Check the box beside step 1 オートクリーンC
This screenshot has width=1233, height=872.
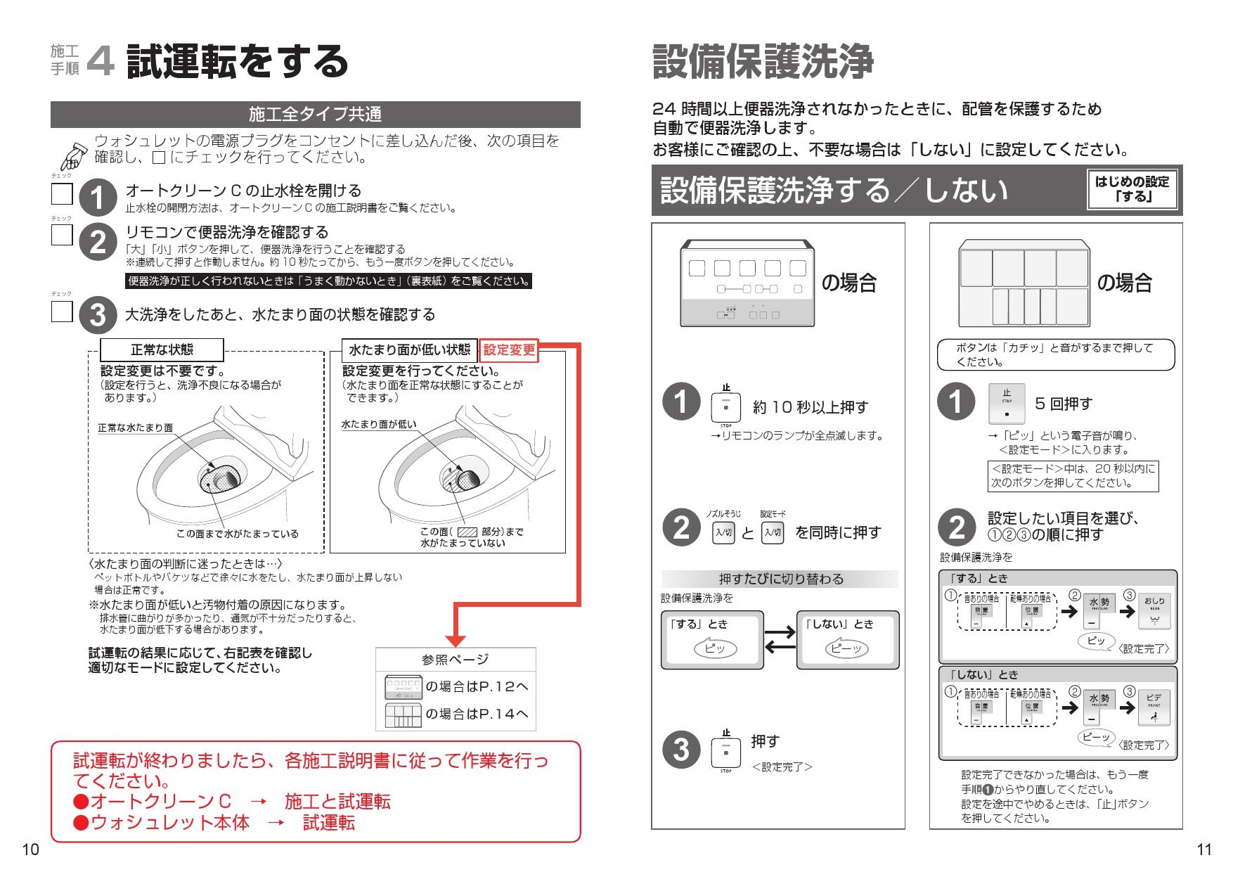(x=62, y=194)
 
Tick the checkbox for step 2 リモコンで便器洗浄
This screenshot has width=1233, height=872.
(x=62, y=235)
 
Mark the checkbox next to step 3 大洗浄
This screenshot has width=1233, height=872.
(x=62, y=312)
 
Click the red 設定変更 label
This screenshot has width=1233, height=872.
(x=509, y=350)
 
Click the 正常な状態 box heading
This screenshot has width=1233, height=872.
(x=162, y=350)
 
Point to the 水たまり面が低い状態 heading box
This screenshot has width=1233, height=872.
(x=409, y=350)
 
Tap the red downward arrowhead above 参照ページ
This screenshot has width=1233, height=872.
(x=456, y=639)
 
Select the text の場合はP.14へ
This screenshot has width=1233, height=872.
(x=477, y=714)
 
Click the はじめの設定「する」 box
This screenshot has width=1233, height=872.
(x=1132, y=189)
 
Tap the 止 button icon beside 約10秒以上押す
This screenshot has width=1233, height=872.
(x=726, y=407)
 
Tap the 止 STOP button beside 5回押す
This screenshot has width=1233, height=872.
(x=1007, y=404)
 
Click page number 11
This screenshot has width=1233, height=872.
(x=1203, y=849)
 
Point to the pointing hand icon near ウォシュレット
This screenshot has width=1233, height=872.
(x=72, y=153)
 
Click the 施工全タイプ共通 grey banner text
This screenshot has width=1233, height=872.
(x=315, y=115)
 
